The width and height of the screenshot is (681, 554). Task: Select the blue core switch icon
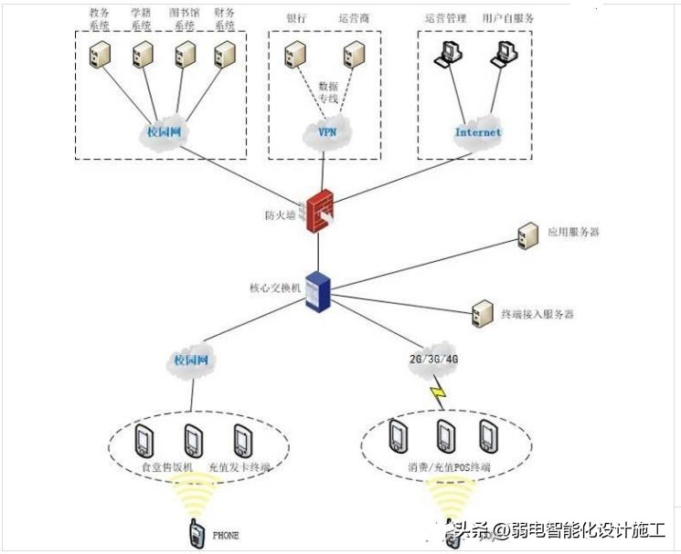pyautogui.click(x=317, y=290)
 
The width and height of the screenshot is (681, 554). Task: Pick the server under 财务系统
pyautogui.click(x=222, y=56)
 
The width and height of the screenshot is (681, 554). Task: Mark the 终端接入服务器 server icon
pyautogui.click(x=479, y=314)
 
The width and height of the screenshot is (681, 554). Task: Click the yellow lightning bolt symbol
pyautogui.click(x=438, y=394)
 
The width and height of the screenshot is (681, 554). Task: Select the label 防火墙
pyautogui.click(x=281, y=215)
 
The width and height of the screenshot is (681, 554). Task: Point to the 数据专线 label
pyautogui.click(x=327, y=90)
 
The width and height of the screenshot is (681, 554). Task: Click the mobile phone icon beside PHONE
pyautogui.click(x=196, y=533)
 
